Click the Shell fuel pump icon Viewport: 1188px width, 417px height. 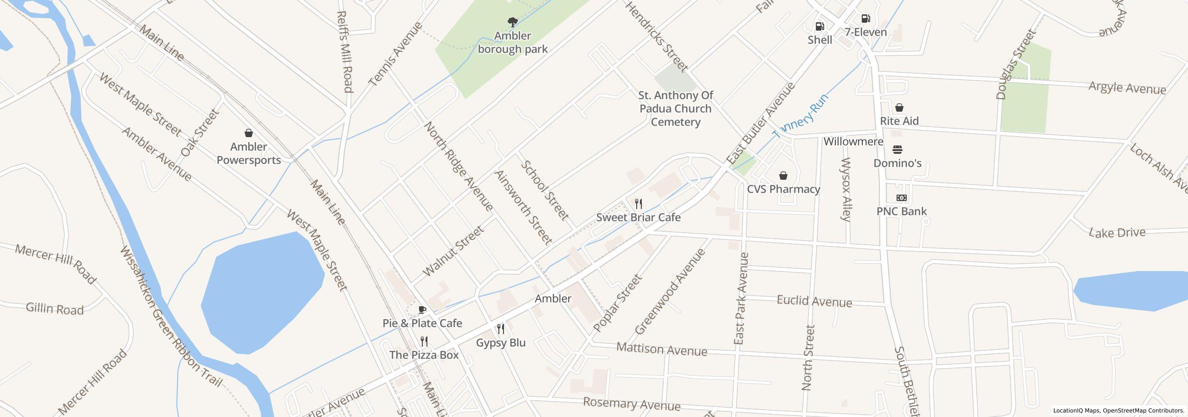tap(820, 26)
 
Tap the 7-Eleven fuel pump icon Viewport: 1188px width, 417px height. tap(865, 19)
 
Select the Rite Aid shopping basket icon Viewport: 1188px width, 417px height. tap(899, 107)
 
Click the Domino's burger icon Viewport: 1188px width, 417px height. tap(897, 150)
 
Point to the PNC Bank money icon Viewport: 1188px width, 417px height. tap(901, 198)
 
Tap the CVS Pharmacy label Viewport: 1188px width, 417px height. tap(783, 189)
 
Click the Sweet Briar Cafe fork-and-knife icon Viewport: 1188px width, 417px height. tap(639, 203)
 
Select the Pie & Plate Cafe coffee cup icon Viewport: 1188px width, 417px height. tap(422, 310)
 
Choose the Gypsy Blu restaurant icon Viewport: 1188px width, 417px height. tap(501, 329)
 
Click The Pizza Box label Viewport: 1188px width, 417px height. tap(424, 355)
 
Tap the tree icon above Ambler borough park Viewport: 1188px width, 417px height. tap(512, 22)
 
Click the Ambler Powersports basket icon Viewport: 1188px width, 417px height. tap(249, 133)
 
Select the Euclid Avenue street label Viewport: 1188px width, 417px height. tap(814, 301)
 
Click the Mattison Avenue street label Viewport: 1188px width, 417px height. tap(661, 349)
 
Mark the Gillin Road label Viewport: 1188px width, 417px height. tap(55, 309)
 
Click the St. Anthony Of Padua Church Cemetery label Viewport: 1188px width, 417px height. tap(675, 108)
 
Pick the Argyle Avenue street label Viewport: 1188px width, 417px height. tap(1127, 88)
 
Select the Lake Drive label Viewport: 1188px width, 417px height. tap(1117, 233)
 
